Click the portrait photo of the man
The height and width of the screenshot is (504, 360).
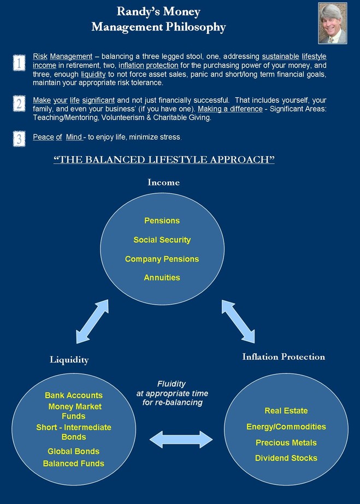click(332, 23)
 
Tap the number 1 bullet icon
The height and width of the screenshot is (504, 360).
click(19, 63)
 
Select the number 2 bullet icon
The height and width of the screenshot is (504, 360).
click(19, 104)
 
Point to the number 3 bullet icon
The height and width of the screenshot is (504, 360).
click(19, 139)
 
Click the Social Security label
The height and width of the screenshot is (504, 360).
click(162, 240)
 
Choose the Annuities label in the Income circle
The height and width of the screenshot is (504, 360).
click(162, 278)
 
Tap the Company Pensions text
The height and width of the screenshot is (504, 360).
click(162, 259)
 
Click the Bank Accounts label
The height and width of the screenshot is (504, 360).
click(74, 395)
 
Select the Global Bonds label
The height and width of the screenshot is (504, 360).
click(74, 451)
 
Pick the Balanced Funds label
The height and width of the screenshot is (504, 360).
click(74, 464)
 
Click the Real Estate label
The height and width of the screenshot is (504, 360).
click(286, 411)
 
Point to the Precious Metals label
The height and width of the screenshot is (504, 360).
click(286, 443)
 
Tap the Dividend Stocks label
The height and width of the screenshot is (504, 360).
click(286, 458)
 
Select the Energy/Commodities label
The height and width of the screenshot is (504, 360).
click(286, 427)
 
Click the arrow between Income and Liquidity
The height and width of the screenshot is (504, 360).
click(92, 322)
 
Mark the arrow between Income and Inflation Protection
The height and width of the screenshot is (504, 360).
click(238, 322)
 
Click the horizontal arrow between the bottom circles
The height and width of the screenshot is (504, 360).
click(181, 440)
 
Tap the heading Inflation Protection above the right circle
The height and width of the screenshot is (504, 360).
click(284, 357)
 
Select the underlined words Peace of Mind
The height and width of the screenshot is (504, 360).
click(57, 137)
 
